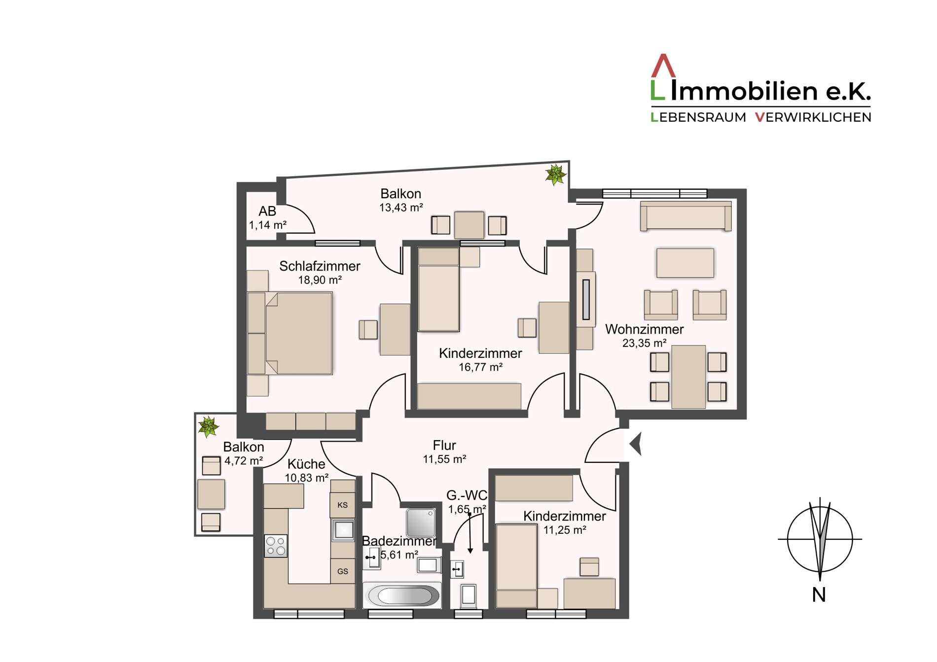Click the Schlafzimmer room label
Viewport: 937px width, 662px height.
[x=320, y=266]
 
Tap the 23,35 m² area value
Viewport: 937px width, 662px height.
[x=644, y=343]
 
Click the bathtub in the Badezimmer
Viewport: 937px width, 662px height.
[x=402, y=595]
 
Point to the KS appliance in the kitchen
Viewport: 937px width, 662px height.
[x=342, y=505]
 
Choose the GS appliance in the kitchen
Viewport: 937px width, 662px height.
[x=342, y=571]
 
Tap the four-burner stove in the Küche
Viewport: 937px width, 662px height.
[x=276, y=546]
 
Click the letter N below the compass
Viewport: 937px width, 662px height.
[x=819, y=595]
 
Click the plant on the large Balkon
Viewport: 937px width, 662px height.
[x=556, y=174]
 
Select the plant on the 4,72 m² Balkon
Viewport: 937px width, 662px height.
[x=208, y=426]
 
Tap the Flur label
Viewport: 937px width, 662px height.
[x=444, y=445]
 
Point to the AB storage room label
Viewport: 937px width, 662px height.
[x=267, y=211]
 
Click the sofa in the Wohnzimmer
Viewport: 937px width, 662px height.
[x=685, y=216]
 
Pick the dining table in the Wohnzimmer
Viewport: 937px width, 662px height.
[x=688, y=377]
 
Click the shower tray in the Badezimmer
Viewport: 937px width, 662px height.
[x=421, y=523]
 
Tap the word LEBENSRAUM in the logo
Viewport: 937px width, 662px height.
[x=698, y=117]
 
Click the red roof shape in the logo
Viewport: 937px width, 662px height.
[x=663, y=66]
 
